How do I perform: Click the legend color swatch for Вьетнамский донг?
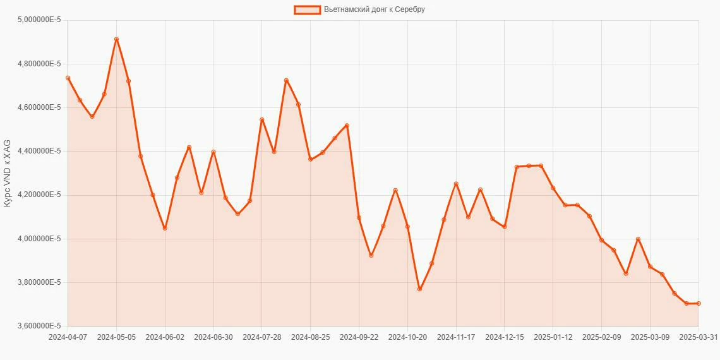(x=307, y=9)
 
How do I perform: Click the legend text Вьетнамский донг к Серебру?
(x=374, y=9)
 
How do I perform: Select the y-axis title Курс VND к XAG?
(x=7, y=173)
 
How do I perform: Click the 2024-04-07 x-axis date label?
(x=68, y=337)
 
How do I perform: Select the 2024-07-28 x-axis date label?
(x=262, y=337)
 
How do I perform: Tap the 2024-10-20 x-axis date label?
(x=407, y=337)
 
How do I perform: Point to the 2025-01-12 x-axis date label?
(x=553, y=337)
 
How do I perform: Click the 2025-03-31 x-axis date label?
(x=698, y=337)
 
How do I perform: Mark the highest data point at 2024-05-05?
(x=116, y=39)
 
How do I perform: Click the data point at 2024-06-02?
(x=165, y=228)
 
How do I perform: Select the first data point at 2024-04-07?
(x=68, y=78)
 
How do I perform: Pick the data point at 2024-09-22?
(x=359, y=217)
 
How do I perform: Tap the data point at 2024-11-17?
(x=456, y=184)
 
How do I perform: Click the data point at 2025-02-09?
(x=601, y=240)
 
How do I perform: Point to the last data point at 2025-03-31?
(x=698, y=303)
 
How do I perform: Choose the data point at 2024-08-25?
(x=310, y=159)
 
